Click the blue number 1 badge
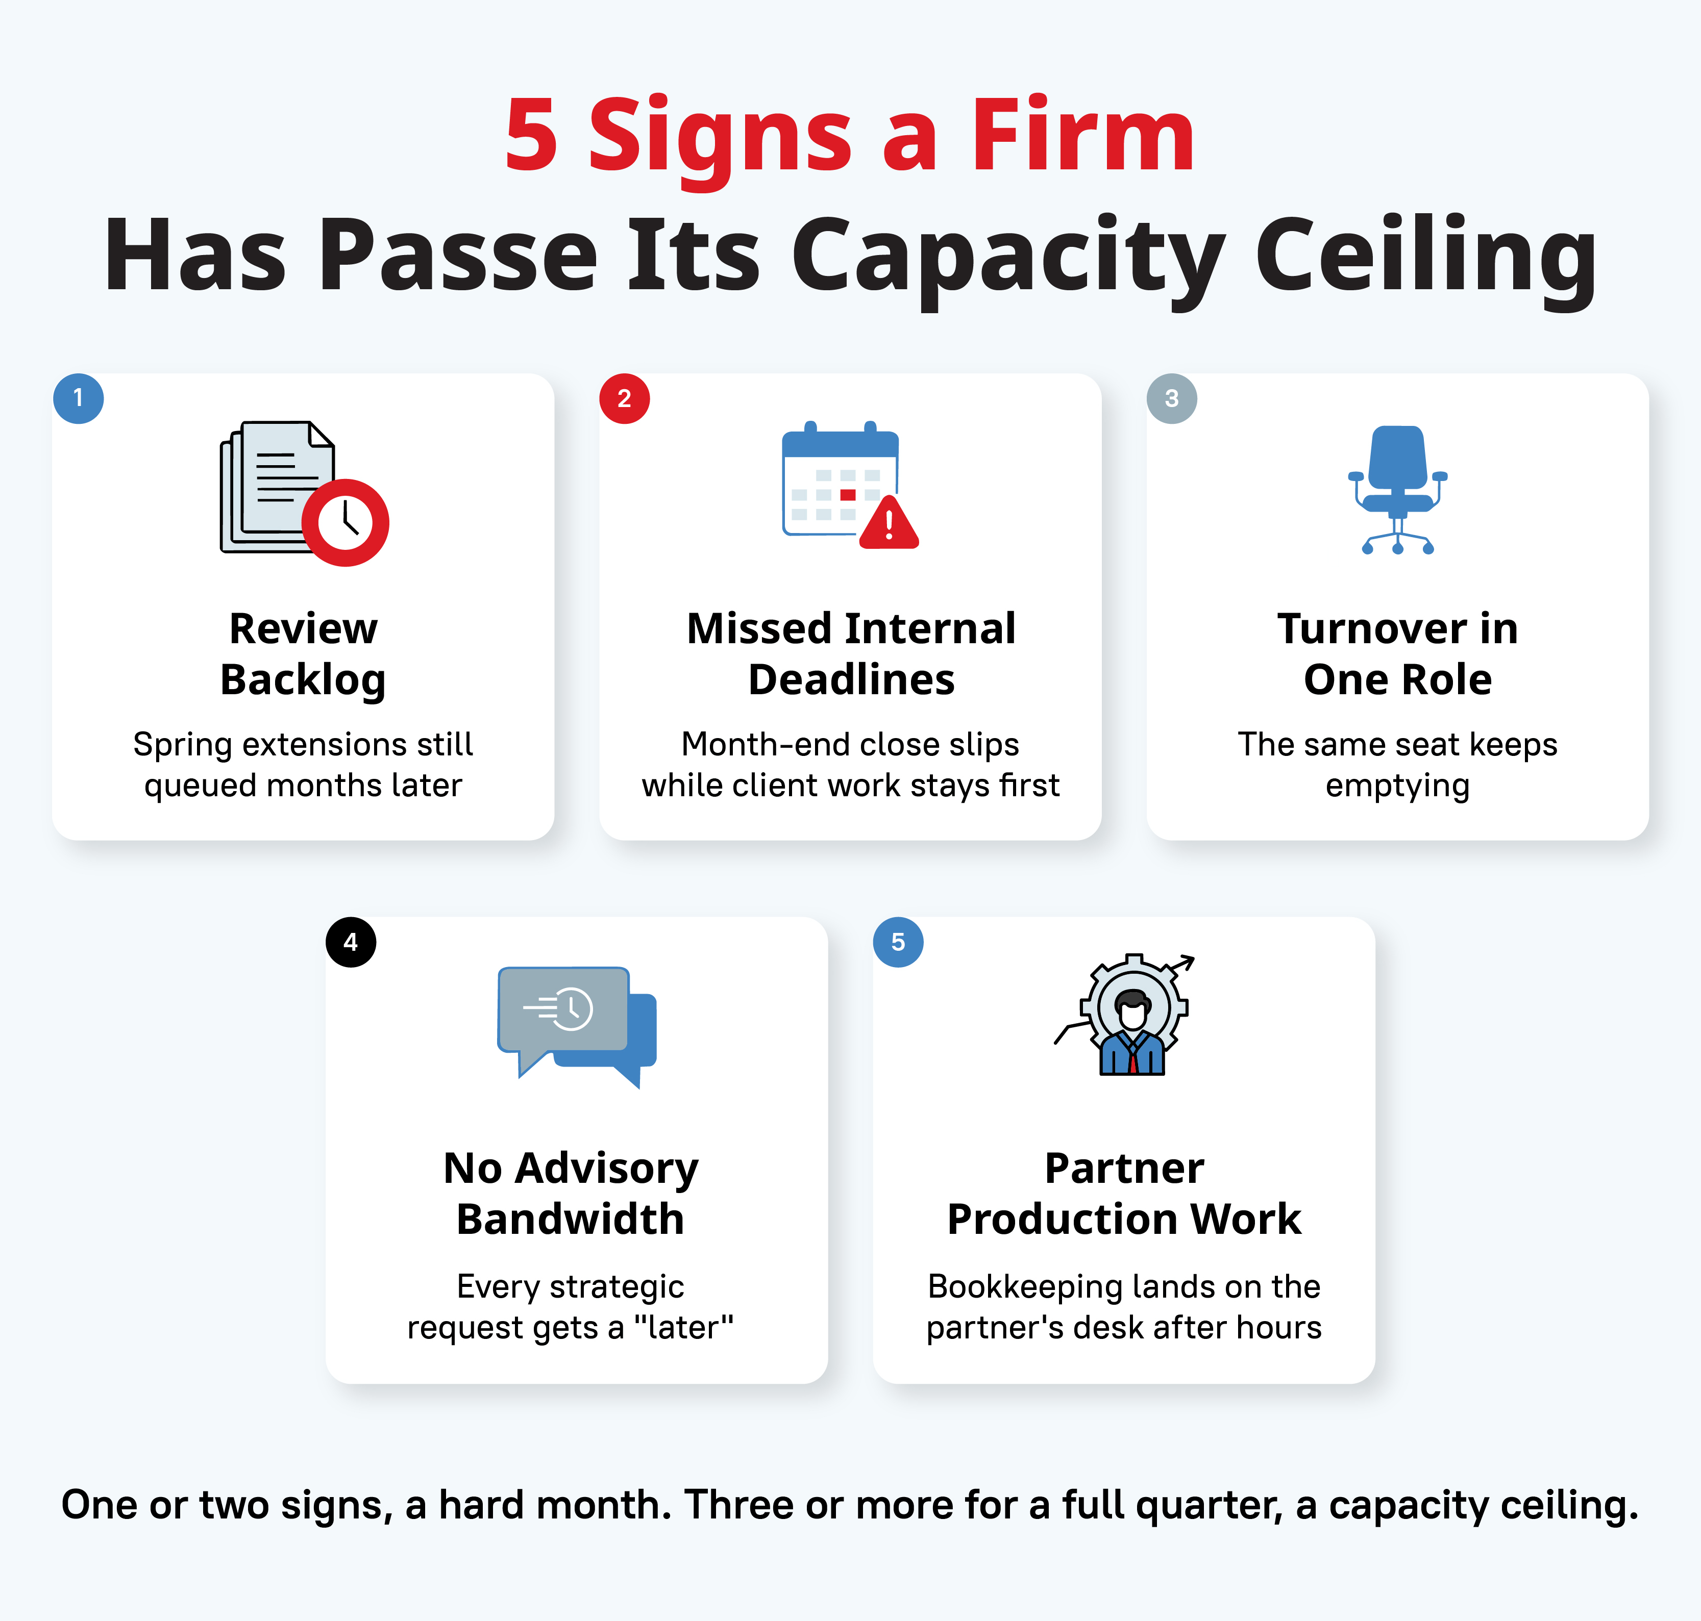(79, 398)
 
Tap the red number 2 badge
(625, 398)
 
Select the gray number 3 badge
(1172, 398)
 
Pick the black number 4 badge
(351, 942)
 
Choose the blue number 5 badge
(898, 942)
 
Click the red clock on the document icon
(345, 523)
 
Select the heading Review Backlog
(303, 653)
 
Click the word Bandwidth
(571, 1219)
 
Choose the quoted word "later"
(684, 1327)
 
